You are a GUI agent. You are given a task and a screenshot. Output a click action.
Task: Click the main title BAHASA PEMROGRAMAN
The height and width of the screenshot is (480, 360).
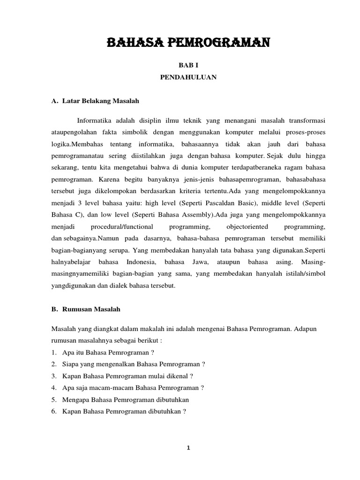click(188, 44)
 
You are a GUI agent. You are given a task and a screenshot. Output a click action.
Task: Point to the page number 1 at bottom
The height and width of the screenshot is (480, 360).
click(188, 448)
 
